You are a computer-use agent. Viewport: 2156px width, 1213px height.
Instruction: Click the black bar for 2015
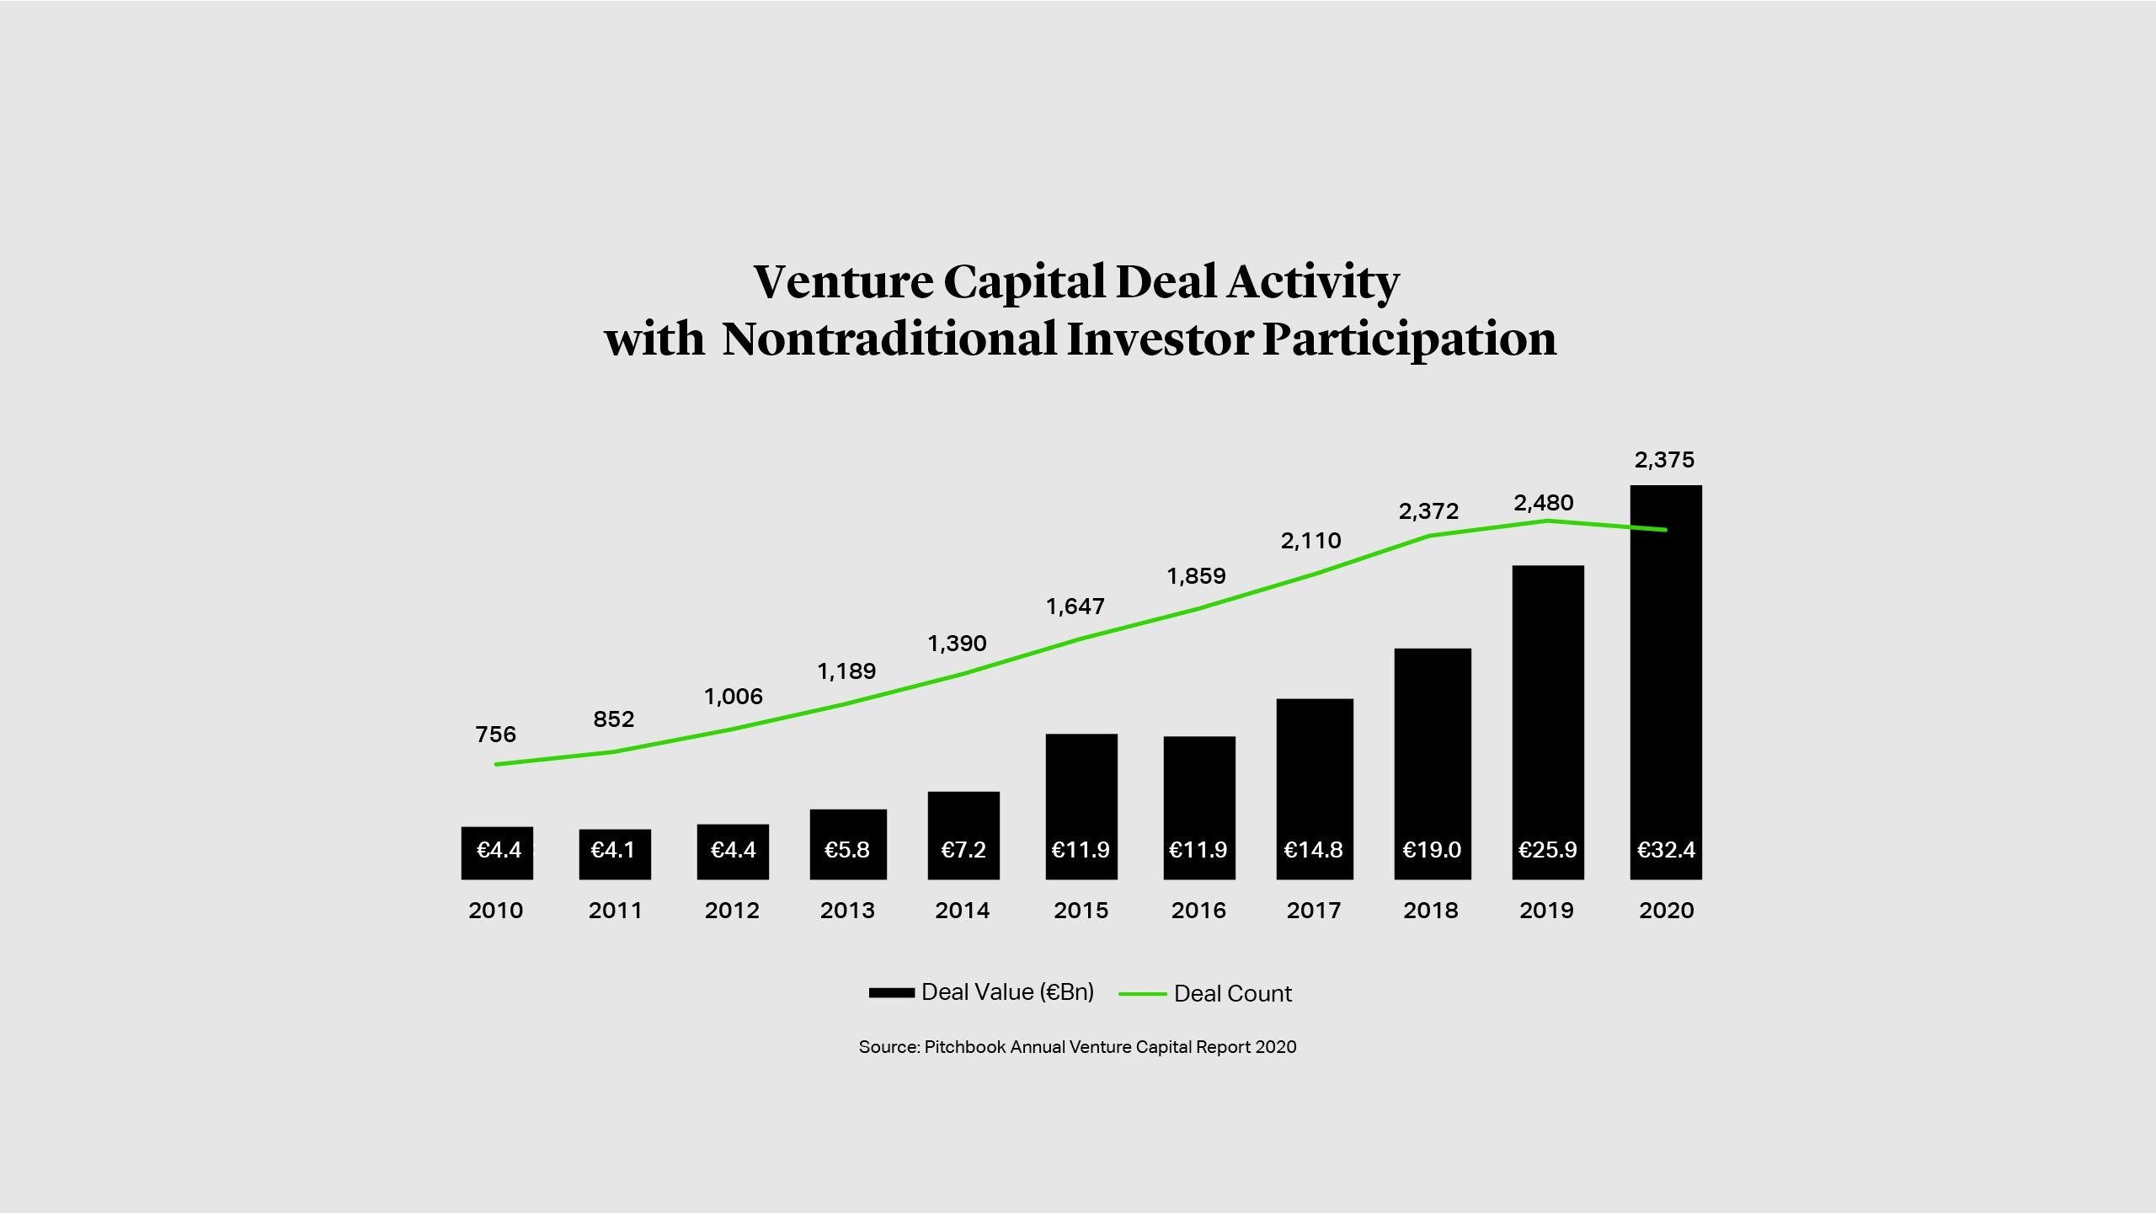pos(1081,792)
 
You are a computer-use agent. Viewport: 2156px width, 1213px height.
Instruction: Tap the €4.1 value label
pos(613,850)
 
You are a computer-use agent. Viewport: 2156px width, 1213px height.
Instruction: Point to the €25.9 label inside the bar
pos(1547,850)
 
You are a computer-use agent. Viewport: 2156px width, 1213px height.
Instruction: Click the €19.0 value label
pos(1432,850)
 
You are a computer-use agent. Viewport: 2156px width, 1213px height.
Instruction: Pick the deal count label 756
pos(495,735)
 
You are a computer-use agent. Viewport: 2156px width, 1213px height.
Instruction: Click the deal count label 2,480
pos(1543,503)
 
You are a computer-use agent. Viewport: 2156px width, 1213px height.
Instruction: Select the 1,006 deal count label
pos(734,697)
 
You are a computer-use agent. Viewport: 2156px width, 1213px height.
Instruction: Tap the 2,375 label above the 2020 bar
pos(1664,460)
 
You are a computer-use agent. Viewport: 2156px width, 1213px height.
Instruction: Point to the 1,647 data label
pos(1075,606)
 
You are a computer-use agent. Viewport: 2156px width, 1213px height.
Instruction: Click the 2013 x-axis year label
pos(847,911)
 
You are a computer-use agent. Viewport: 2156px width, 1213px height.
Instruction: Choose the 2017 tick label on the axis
pos(1314,911)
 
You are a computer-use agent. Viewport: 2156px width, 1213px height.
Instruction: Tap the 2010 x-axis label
pos(495,911)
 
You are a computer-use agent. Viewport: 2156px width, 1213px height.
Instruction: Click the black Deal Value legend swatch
pos(891,993)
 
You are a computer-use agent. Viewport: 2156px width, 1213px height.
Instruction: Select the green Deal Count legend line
pos(1142,994)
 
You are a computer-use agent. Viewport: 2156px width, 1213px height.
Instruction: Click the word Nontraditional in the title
pos(889,339)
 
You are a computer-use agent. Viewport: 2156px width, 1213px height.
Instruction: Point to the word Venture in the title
pos(843,282)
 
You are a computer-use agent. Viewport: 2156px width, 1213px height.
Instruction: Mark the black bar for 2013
pos(848,830)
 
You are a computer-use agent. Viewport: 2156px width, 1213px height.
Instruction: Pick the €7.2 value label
pos(963,850)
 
